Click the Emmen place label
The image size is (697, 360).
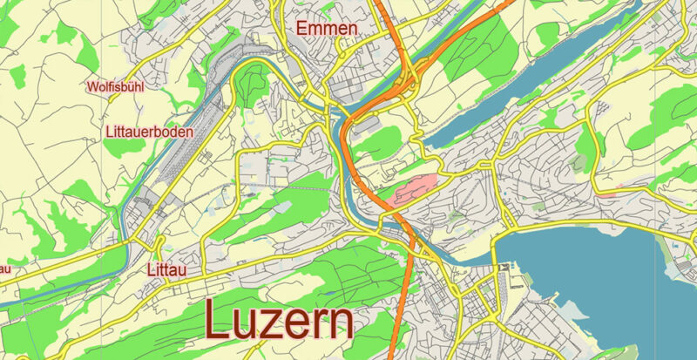pyautogui.click(x=327, y=29)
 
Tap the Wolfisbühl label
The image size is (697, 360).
pyautogui.click(x=114, y=87)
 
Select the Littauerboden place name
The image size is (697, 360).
pyautogui.click(x=148, y=132)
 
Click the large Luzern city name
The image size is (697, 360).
pyautogui.click(x=280, y=321)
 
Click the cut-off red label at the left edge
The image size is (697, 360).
pyautogui.click(x=4, y=267)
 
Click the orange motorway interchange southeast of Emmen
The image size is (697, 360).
pyautogui.click(x=405, y=83)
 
